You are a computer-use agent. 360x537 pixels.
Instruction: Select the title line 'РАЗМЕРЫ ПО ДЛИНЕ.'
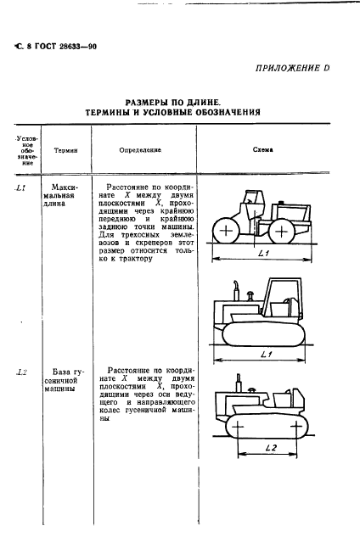(x=179, y=99)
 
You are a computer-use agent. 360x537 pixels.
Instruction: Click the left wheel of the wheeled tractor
(x=225, y=230)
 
